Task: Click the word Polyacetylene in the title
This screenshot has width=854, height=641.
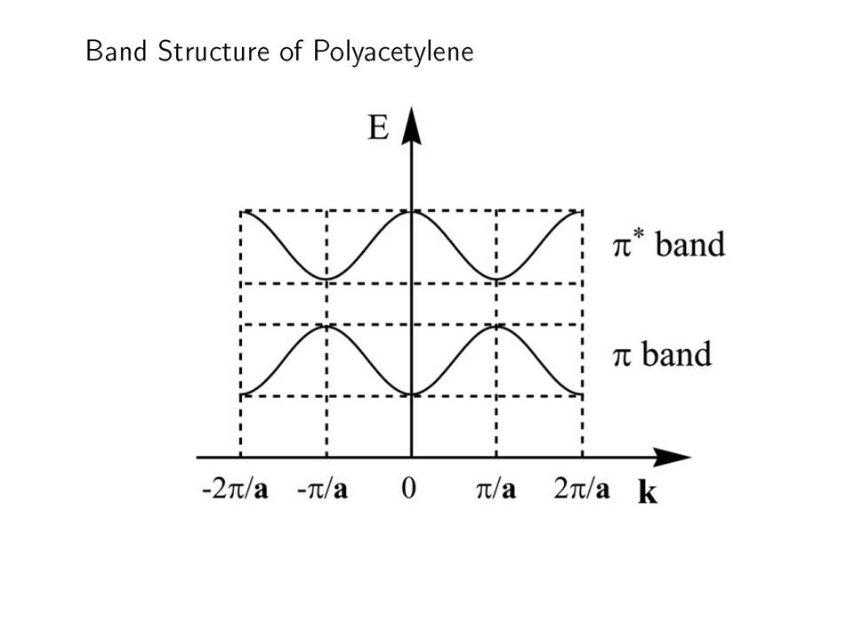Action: click(393, 53)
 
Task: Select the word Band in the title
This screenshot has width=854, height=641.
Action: click(117, 51)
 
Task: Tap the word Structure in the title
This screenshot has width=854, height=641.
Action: click(213, 51)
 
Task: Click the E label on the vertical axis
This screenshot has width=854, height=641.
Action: click(379, 127)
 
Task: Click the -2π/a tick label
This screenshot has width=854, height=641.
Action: click(235, 489)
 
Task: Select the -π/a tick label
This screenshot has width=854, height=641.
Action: click(322, 489)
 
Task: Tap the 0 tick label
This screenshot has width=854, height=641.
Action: click(408, 488)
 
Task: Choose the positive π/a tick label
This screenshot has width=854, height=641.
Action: click(495, 489)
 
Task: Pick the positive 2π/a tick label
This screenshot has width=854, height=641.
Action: click(582, 489)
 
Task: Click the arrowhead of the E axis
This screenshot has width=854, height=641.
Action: click(411, 126)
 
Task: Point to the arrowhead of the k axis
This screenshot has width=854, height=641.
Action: click(673, 458)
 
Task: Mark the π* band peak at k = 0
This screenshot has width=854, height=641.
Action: click(411, 212)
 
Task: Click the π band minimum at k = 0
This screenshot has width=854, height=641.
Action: click(411, 394)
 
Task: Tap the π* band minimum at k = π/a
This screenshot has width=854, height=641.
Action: click(496, 279)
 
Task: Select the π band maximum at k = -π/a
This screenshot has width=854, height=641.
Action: click(326, 326)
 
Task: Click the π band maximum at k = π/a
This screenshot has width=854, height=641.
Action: click(496, 326)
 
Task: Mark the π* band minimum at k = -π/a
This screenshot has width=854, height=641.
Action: click(326, 279)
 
